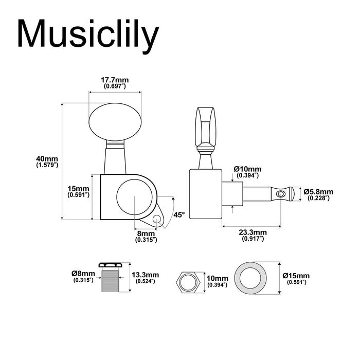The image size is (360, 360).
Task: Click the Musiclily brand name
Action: pyautogui.click(x=88, y=34)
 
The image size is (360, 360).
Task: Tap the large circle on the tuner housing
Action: pyautogui.click(x=134, y=197)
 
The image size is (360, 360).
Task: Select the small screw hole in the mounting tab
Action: pyautogui.click(x=157, y=220)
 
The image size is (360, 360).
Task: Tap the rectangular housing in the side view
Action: pyautogui.click(x=206, y=194)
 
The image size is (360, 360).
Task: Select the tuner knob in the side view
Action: pyautogui.click(x=206, y=127)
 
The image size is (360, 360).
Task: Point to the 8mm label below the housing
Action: pyautogui.click(x=146, y=236)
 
